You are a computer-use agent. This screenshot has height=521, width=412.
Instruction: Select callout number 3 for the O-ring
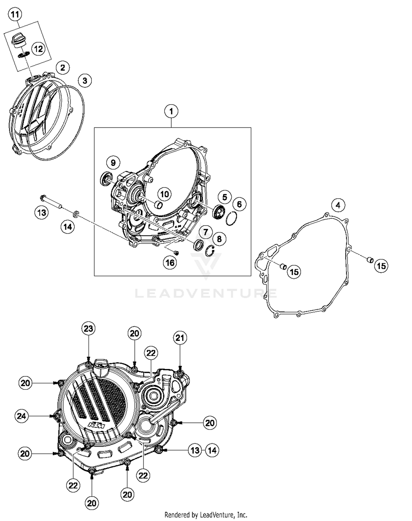pyautogui.click(x=85, y=81)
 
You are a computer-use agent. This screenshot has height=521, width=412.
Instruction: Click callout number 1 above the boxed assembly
pyautogui.click(x=171, y=112)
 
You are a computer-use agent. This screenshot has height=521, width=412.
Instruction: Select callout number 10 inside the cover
pyautogui.click(x=165, y=194)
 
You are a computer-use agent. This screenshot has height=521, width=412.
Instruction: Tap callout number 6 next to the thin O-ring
pyautogui.click(x=239, y=204)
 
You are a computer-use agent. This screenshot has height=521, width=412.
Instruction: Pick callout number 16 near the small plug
pyautogui.click(x=170, y=263)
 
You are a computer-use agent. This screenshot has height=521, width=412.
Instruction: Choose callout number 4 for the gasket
pyautogui.click(x=338, y=205)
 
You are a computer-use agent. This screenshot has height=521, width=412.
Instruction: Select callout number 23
pyautogui.click(x=88, y=329)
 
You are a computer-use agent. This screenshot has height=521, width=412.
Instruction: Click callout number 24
pyautogui.click(x=21, y=416)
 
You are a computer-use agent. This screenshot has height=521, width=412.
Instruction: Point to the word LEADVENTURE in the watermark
pyautogui.click(x=206, y=293)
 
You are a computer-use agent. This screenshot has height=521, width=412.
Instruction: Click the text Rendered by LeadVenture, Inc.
pyautogui.click(x=206, y=514)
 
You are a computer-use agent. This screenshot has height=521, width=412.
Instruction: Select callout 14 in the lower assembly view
pyautogui.click(x=212, y=450)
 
